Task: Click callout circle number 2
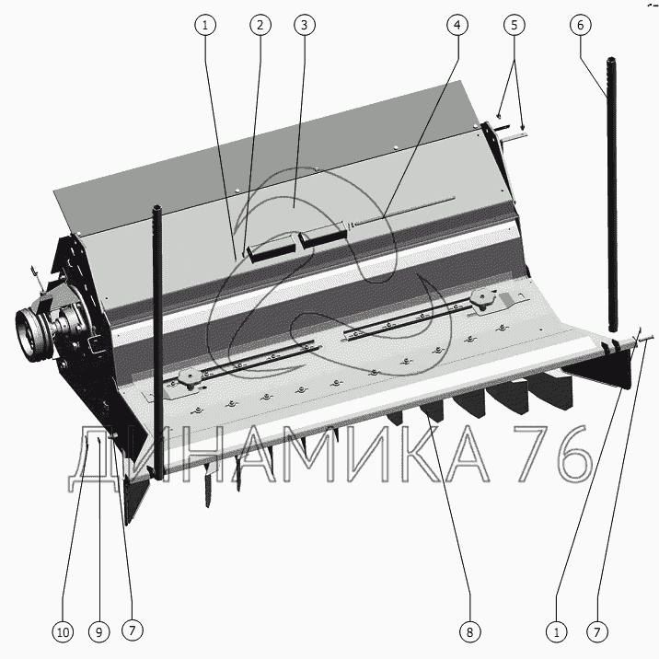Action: coord(260,26)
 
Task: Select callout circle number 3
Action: coord(302,26)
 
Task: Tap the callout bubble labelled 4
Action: coord(455,26)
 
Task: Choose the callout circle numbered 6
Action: coord(581,26)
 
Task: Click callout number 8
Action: coord(468,631)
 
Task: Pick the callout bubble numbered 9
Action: coord(98,631)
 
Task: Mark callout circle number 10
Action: coord(63,631)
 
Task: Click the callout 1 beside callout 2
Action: coord(206,26)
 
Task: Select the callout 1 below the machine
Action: coord(556,631)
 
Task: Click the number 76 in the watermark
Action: coord(550,454)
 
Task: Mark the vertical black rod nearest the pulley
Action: coord(157,341)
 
